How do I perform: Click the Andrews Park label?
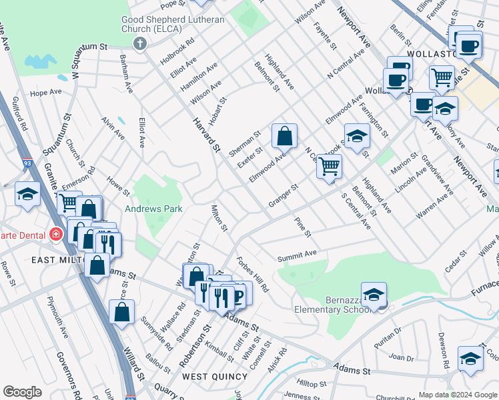click(155, 209)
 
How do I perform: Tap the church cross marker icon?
click(139, 44)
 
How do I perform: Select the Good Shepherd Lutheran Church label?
click(173, 25)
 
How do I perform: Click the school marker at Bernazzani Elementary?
click(374, 295)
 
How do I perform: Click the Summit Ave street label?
click(298, 255)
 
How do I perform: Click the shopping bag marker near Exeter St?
click(284, 136)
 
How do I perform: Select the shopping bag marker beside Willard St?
click(122, 312)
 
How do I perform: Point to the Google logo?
click(23, 392)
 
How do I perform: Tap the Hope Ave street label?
click(45, 92)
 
